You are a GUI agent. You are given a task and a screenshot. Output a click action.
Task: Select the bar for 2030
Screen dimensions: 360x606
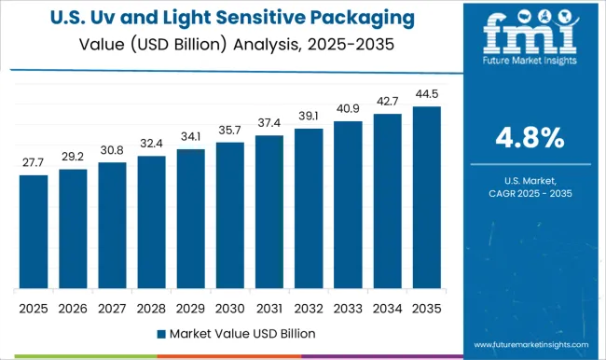pyautogui.click(x=230, y=215)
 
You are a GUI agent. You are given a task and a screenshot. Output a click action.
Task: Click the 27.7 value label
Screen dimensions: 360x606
pyautogui.click(x=34, y=162)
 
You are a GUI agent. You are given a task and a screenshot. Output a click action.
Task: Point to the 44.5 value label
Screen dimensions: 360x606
pyautogui.click(x=427, y=94)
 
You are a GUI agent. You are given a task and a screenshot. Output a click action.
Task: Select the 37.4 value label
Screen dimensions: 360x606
pyautogui.click(x=269, y=123)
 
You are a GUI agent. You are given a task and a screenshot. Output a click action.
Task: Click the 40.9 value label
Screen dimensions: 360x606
pyautogui.click(x=348, y=109)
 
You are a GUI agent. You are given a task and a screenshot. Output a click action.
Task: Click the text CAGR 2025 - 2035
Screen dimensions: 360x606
pyautogui.click(x=529, y=192)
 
